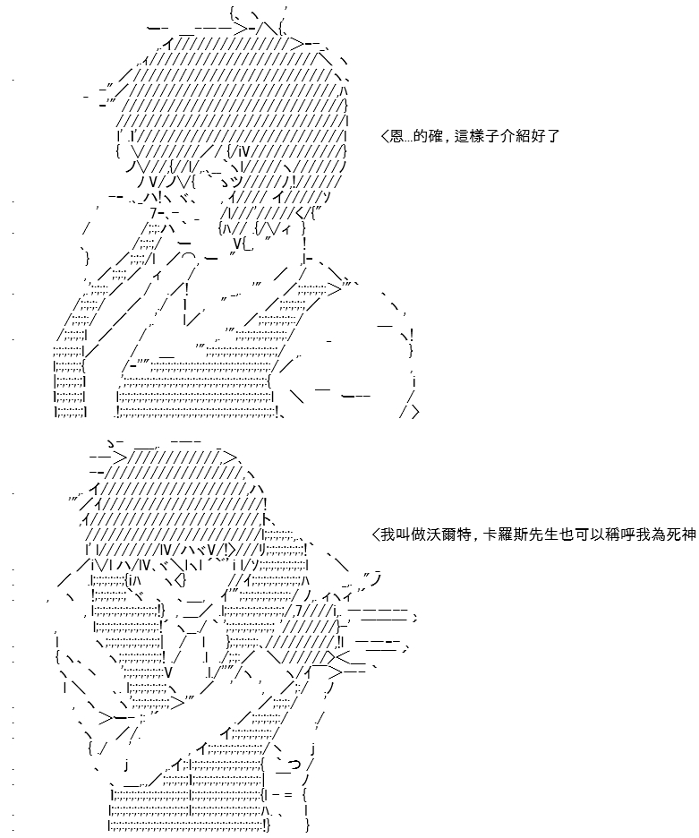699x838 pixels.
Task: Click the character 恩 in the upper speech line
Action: pos(396,136)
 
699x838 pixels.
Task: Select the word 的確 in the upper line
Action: pos(427,136)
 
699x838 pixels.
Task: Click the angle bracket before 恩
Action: pos(385,137)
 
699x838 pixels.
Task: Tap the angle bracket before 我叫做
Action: pos(375,534)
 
